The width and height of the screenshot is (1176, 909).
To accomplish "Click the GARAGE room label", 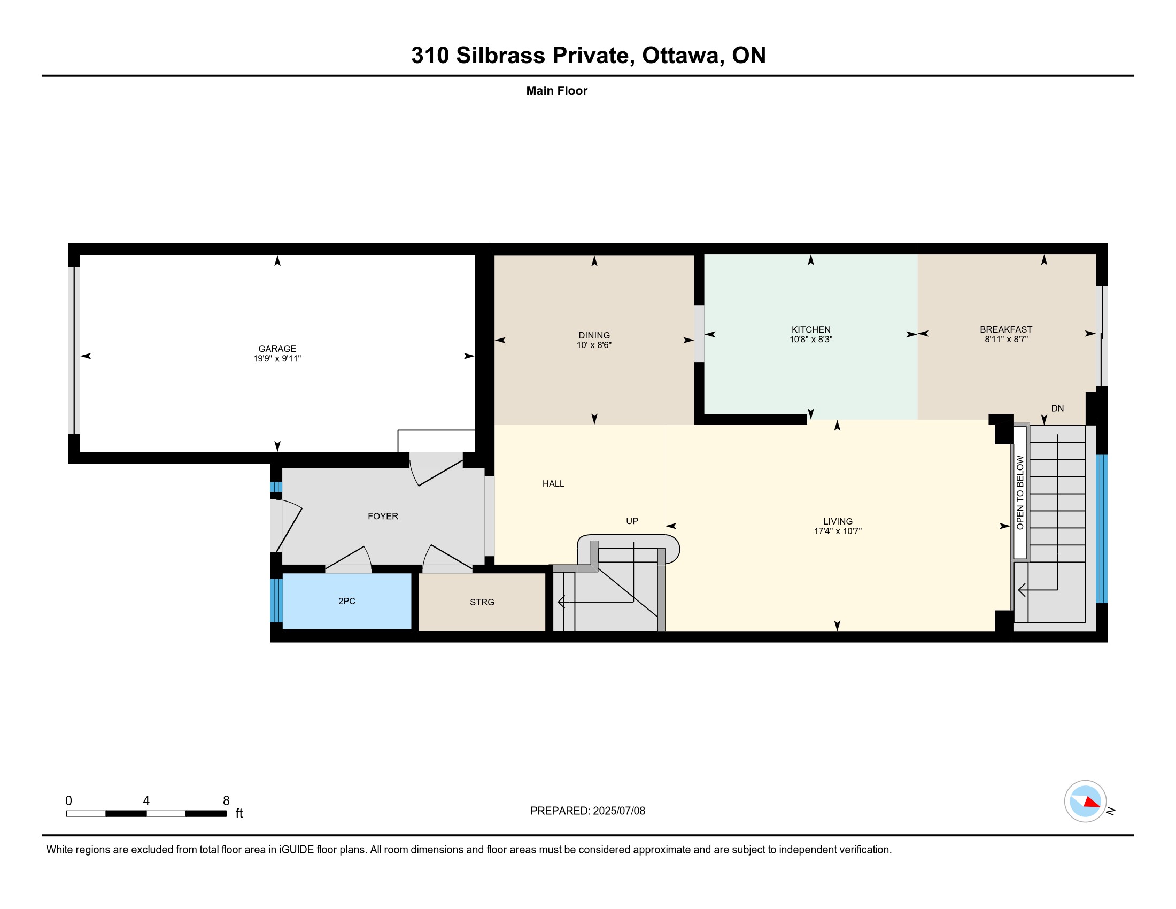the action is (277, 349).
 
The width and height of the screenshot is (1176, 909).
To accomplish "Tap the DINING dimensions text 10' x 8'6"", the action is (594, 345).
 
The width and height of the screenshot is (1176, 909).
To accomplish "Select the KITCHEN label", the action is (811, 329).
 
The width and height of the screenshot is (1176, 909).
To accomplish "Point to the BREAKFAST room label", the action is (1006, 329).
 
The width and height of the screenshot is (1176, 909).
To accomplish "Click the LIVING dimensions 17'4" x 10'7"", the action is (837, 531).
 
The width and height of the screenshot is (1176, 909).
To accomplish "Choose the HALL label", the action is (553, 483).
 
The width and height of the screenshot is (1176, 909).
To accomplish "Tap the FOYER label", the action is (383, 516).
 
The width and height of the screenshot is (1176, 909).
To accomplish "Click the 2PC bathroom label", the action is (347, 601).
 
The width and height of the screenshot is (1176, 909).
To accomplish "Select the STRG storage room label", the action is (482, 602).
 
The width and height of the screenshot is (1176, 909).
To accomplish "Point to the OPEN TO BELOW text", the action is (1020, 492).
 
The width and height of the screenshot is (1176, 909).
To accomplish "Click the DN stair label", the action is (1057, 408).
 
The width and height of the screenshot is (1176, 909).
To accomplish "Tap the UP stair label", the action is (632, 521).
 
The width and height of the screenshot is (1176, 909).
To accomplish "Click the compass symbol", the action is (1085, 802).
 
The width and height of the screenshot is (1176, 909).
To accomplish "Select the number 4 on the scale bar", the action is (146, 801).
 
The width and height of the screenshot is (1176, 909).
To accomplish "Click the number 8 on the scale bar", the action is (226, 801).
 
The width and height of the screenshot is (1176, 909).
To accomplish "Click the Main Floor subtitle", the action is (557, 90).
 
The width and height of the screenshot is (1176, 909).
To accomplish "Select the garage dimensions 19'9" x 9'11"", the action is (277, 359).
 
